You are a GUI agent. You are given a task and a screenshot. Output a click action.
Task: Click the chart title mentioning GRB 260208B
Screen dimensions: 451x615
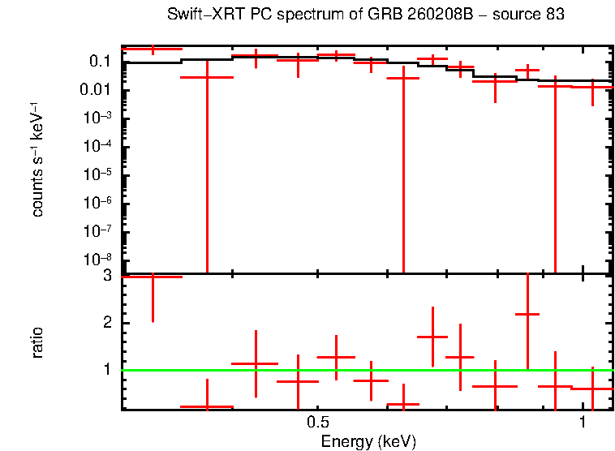click(365, 15)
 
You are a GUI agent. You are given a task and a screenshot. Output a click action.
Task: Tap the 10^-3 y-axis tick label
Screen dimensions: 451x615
click(97, 118)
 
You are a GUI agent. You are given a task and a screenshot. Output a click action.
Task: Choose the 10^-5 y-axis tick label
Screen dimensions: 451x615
click(97, 175)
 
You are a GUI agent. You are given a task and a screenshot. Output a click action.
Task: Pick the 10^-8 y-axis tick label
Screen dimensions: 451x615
click(97, 260)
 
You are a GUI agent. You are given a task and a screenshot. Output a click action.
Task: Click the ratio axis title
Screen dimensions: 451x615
click(37, 342)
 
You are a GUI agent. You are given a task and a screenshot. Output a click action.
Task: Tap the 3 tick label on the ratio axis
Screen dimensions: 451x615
click(107, 277)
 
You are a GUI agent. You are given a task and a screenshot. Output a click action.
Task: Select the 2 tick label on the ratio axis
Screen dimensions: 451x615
click(107, 324)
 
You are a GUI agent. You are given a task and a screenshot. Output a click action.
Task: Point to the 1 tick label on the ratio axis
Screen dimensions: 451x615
click(107, 370)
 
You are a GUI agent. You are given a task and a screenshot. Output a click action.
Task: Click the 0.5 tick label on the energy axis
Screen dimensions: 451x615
click(318, 423)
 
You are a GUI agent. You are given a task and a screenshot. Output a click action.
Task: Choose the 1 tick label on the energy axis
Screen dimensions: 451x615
click(583, 423)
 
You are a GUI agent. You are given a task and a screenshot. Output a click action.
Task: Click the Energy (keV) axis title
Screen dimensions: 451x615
click(368, 441)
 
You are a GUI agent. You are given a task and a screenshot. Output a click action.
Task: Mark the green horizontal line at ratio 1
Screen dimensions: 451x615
click(365, 371)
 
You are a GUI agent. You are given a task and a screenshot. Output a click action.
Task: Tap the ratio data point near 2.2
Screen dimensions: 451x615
click(527, 314)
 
